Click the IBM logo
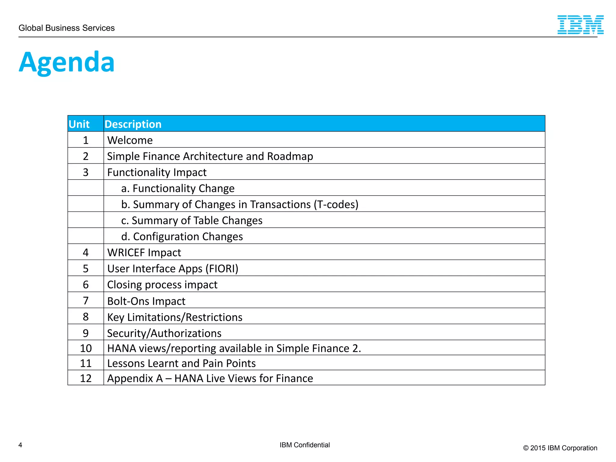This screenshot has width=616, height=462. (x=580, y=25)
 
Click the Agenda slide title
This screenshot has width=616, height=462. (x=66, y=62)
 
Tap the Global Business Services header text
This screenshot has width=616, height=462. (x=66, y=28)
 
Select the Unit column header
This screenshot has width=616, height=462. (x=79, y=124)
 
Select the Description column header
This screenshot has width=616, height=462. (x=133, y=124)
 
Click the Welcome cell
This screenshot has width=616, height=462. (x=130, y=140)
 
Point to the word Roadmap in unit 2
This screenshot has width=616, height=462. (x=290, y=156)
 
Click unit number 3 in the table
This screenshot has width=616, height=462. (x=86, y=172)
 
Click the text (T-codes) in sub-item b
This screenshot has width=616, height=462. (x=336, y=205)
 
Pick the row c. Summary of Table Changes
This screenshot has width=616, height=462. (x=192, y=220)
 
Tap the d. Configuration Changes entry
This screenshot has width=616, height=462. (x=182, y=237)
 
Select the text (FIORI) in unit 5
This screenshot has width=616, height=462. (x=222, y=269)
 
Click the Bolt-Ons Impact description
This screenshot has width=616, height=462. (x=146, y=301)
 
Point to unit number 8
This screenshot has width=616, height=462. (x=86, y=317)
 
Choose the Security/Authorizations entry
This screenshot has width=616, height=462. (x=164, y=333)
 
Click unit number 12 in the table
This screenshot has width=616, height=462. (x=86, y=378)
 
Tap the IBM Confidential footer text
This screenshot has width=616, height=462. (x=305, y=445)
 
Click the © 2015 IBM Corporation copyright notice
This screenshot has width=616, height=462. (x=560, y=448)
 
